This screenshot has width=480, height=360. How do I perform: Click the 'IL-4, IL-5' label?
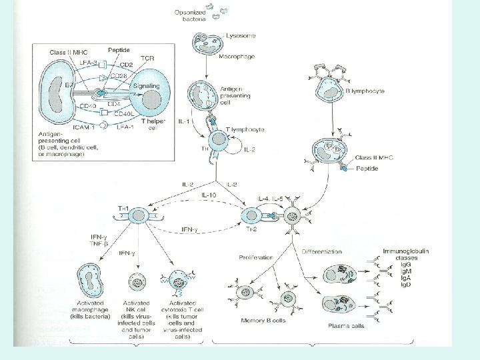coord(272,199)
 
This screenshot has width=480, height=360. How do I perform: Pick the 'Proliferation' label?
coord(255,256)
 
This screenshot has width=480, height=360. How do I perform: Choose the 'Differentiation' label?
coord(321,252)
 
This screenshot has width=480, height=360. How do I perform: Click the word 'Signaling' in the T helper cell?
coord(146,86)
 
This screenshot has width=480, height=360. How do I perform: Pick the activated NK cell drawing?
coord(139,283)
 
